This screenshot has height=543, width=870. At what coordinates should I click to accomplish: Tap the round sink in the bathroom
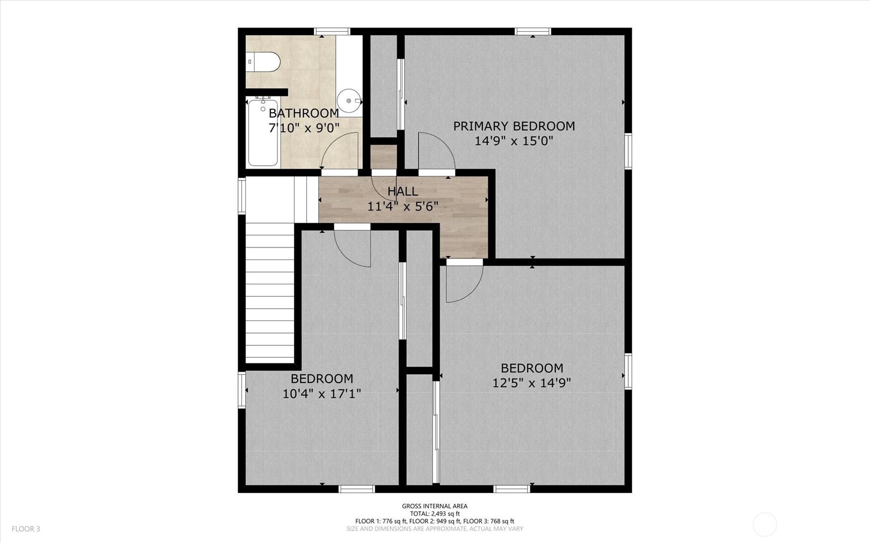(350, 101)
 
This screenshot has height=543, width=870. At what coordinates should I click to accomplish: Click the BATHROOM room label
(304, 113)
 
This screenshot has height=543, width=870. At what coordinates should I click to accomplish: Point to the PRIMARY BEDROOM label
(514, 126)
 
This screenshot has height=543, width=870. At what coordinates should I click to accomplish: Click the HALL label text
(402, 191)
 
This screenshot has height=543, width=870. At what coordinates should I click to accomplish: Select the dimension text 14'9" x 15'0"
(514, 141)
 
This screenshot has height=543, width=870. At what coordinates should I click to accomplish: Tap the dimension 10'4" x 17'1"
(322, 394)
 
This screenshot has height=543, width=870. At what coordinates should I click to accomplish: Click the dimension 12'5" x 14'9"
(532, 383)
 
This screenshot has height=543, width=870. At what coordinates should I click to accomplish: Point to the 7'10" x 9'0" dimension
(304, 128)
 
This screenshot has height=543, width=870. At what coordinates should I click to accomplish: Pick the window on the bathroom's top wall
(333, 32)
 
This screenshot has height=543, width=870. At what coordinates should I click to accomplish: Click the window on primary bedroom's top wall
(533, 32)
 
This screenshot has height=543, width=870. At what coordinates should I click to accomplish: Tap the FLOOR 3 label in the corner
(26, 529)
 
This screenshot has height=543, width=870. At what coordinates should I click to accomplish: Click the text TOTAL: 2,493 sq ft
(435, 514)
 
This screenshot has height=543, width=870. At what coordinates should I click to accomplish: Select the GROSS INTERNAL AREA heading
(435, 506)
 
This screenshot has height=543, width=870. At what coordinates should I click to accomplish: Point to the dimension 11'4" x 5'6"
(402, 206)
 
